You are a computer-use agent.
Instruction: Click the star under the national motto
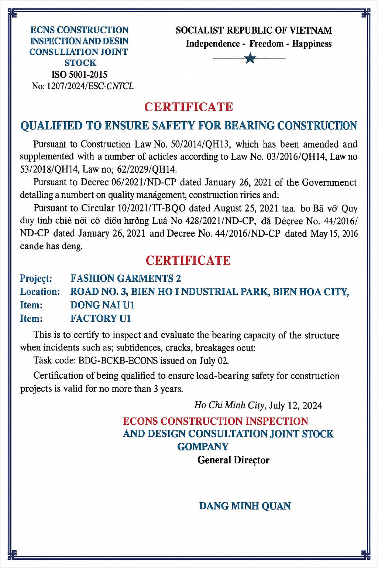pyautogui.click(x=250, y=58)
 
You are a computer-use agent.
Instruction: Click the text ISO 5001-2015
pyautogui.click(x=79, y=74)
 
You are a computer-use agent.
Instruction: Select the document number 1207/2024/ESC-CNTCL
pyautogui.click(x=90, y=86)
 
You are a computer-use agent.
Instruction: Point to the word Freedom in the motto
pyautogui.click(x=266, y=44)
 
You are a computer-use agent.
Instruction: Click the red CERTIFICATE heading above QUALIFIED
pyautogui.click(x=189, y=107)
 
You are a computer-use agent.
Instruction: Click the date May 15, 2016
pyautogui.click(x=334, y=234)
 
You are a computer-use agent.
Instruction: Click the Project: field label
pyautogui.click(x=36, y=278)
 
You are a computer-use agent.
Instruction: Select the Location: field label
pyautogui.click(x=40, y=292)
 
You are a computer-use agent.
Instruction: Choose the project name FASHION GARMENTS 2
pyautogui.click(x=126, y=278)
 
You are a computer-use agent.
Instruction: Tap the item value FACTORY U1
pyautogui.click(x=101, y=318)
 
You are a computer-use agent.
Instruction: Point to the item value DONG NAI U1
pyautogui.click(x=102, y=305)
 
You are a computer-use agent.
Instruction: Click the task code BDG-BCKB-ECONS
pyautogui.click(x=118, y=361)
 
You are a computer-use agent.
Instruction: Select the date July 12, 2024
pyautogui.click(x=295, y=406)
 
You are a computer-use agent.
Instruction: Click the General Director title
pyautogui.click(x=233, y=460)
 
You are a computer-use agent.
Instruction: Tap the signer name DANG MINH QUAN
pyautogui.click(x=245, y=506)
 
